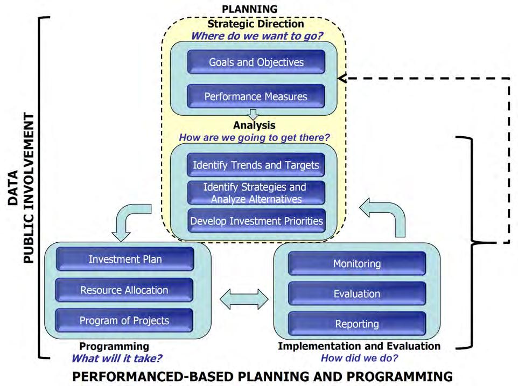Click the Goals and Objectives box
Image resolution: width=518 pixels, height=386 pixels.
pyautogui.click(x=256, y=62)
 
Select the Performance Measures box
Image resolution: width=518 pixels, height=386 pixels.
pyautogui.click(x=256, y=96)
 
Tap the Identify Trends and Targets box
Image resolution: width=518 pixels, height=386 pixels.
pyautogui.click(x=256, y=165)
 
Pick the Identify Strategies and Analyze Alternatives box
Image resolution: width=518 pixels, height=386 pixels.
pyautogui.click(x=256, y=193)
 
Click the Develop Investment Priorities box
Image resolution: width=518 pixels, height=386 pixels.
pyautogui.click(x=256, y=221)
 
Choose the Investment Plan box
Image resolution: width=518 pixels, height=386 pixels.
pyautogui.click(x=125, y=259)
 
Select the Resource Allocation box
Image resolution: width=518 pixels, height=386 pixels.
pyautogui.click(x=125, y=290)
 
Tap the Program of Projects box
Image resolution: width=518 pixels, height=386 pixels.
pyautogui.click(x=125, y=320)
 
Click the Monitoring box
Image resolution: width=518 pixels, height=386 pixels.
pyautogui.click(x=357, y=263)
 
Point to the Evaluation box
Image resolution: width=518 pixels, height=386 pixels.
pyautogui.click(x=357, y=293)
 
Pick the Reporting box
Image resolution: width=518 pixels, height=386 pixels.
pyautogui.click(x=357, y=324)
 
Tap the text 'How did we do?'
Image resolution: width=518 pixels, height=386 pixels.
pyautogui.click(x=360, y=357)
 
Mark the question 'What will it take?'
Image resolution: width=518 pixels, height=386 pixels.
pyautogui.click(x=117, y=357)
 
